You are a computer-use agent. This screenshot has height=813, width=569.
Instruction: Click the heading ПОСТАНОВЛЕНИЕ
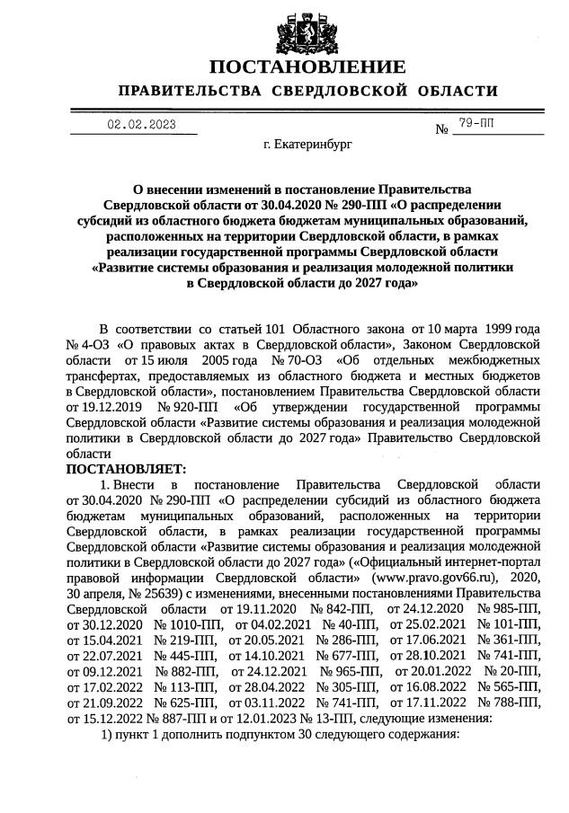(307, 68)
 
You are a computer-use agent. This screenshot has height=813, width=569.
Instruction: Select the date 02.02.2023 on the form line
(141, 125)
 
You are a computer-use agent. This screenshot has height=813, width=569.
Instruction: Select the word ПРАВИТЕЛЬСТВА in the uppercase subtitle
(190, 92)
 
